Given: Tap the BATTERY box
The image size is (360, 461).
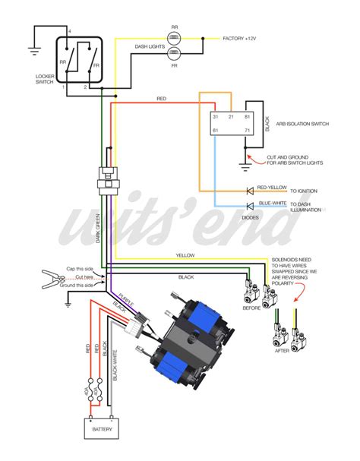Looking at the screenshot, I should point(105,429).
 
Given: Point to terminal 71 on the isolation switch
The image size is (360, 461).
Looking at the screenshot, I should point(247,131).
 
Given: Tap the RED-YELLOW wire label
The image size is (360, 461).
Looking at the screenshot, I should point(271,186).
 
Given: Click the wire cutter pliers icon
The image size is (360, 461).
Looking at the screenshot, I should point(52,280).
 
